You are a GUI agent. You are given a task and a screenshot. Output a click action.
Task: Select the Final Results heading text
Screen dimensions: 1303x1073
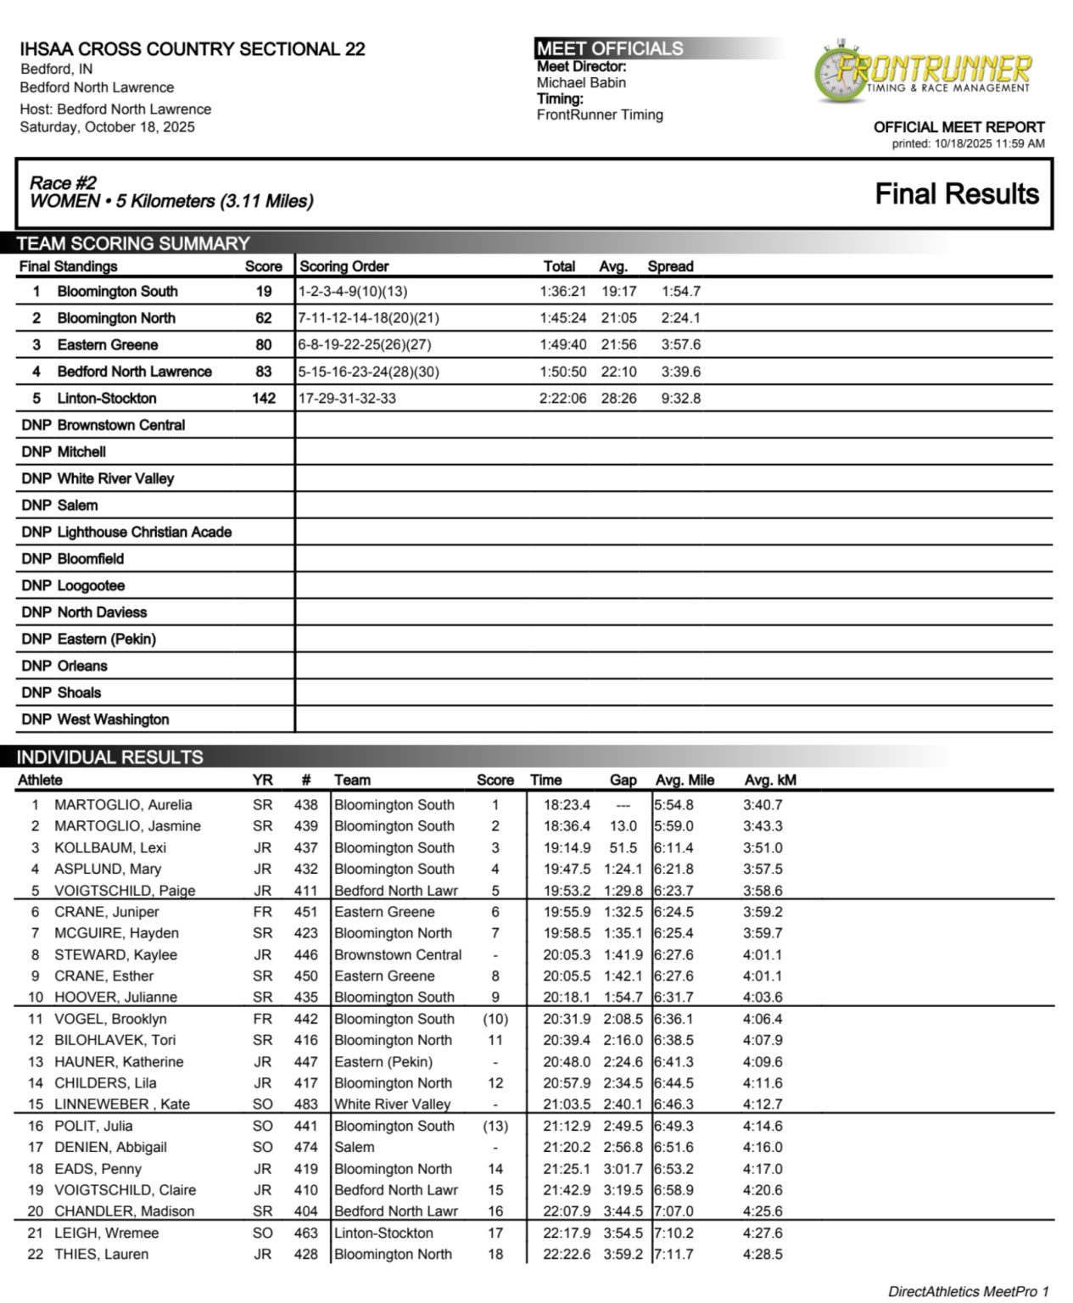[x=956, y=194]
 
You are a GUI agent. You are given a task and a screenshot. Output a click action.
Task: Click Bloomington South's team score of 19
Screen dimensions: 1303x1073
[x=264, y=292]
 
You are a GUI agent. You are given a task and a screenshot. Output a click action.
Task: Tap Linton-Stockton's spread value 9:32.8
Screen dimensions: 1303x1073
[x=680, y=399]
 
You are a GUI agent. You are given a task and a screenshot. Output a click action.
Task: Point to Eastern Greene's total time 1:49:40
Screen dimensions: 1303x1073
[x=562, y=345]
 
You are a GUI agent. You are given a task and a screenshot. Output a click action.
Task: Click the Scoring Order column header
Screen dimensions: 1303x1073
[x=344, y=266]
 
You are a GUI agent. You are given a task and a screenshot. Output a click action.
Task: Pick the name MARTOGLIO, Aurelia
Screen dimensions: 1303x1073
[x=123, y=805]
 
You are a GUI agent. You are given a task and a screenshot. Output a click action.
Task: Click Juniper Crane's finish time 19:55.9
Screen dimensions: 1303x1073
[x=567, y=912]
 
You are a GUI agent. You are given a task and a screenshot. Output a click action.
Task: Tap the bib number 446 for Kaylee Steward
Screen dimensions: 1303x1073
[x=305, y=955]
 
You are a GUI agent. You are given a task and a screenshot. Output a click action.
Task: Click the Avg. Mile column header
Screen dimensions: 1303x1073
[x=685, y=780]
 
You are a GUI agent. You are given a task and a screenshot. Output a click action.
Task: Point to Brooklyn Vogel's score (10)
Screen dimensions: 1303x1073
[x=495, y=1019]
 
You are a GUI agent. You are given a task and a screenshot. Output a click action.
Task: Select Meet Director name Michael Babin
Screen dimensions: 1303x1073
[x=581, y=83]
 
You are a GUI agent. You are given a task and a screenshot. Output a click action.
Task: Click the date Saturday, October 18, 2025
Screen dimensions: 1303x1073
[x=107, y=127]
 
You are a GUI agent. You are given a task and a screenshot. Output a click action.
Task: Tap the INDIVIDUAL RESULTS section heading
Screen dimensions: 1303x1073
[x=109, y=758]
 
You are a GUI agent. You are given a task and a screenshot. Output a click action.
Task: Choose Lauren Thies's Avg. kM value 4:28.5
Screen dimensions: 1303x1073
[x=763, y=1255]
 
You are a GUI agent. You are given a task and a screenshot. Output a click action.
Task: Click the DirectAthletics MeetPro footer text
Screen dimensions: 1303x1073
[x=968, y=1292]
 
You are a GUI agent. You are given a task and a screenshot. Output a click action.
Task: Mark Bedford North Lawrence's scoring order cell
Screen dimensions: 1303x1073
[x=369, y=372]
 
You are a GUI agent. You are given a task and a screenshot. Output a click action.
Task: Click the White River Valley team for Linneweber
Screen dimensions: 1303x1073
[x=392, y=1104]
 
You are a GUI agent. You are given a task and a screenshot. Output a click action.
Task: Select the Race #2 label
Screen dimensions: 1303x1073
[x=63, y=182]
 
